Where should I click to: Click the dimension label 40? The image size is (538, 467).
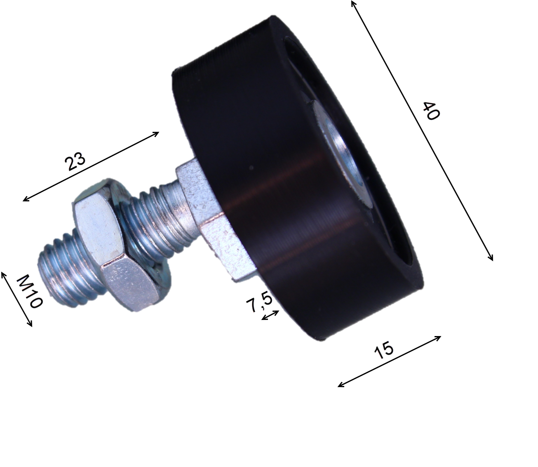pyautogui.click(x=431, y=110)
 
